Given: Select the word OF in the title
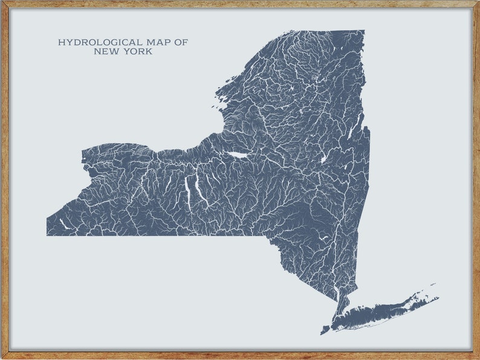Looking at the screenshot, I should (x=181, y=42).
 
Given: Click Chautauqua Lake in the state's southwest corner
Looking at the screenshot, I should (x=63, y=223).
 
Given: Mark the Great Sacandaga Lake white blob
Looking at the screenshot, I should (x=323, y=159).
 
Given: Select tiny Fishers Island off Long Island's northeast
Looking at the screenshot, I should (x=432, y=284).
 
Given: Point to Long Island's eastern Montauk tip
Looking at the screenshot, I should (x=438, y=298).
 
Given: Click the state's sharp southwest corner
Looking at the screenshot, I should (x=47, y=235).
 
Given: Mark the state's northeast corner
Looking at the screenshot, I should (x=364, y=31).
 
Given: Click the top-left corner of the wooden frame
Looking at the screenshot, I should (x=2, y=2).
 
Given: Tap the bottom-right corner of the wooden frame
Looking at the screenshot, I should (x=478, y=358).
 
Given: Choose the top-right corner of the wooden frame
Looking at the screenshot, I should (x=478, y=2).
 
